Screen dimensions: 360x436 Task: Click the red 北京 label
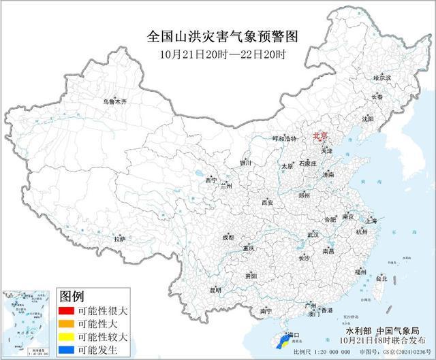(320, 136)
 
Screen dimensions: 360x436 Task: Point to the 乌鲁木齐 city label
(114, 101)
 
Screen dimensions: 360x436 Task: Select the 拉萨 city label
(120, 239)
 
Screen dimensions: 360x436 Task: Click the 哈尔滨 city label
(382, 78)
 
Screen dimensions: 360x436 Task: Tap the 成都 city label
(227, 237)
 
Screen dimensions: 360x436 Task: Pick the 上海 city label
(371, 221)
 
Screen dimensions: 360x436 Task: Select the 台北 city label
(381, 278)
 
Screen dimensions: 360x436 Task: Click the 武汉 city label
(313, 234)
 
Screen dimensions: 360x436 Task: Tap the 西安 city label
(267, 203)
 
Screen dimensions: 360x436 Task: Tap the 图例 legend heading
(72, 297)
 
